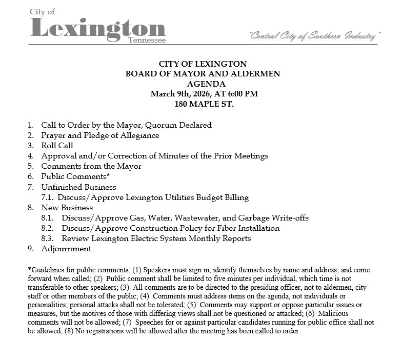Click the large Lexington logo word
pyautogui.click(x=97, y=28)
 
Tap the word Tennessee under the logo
pyautogui.click(x=147, y=40)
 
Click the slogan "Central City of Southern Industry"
pyautogui.click(x=315, y=36)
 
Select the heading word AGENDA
pyautogui.click(x=203, y=84)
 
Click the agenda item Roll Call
pyautogui.click(x=57, y=146)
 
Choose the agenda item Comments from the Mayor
pyautogui.click(x=91, y=166)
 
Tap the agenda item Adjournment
pyautogui.click(x=66, y=249)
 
